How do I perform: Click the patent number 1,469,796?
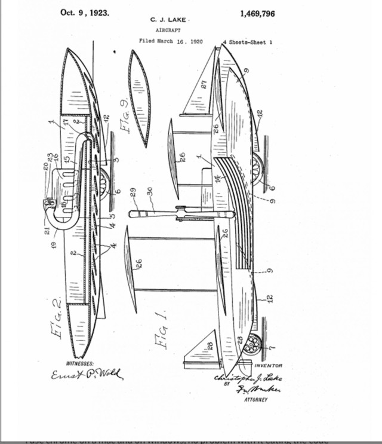(x=257, y=13)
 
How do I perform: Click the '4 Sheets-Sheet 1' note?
(x=247, y=42)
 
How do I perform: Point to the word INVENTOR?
(x=268, y=365)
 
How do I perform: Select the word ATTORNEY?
(x=255, y=399)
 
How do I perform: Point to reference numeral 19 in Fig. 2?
(x=55, y=245)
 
